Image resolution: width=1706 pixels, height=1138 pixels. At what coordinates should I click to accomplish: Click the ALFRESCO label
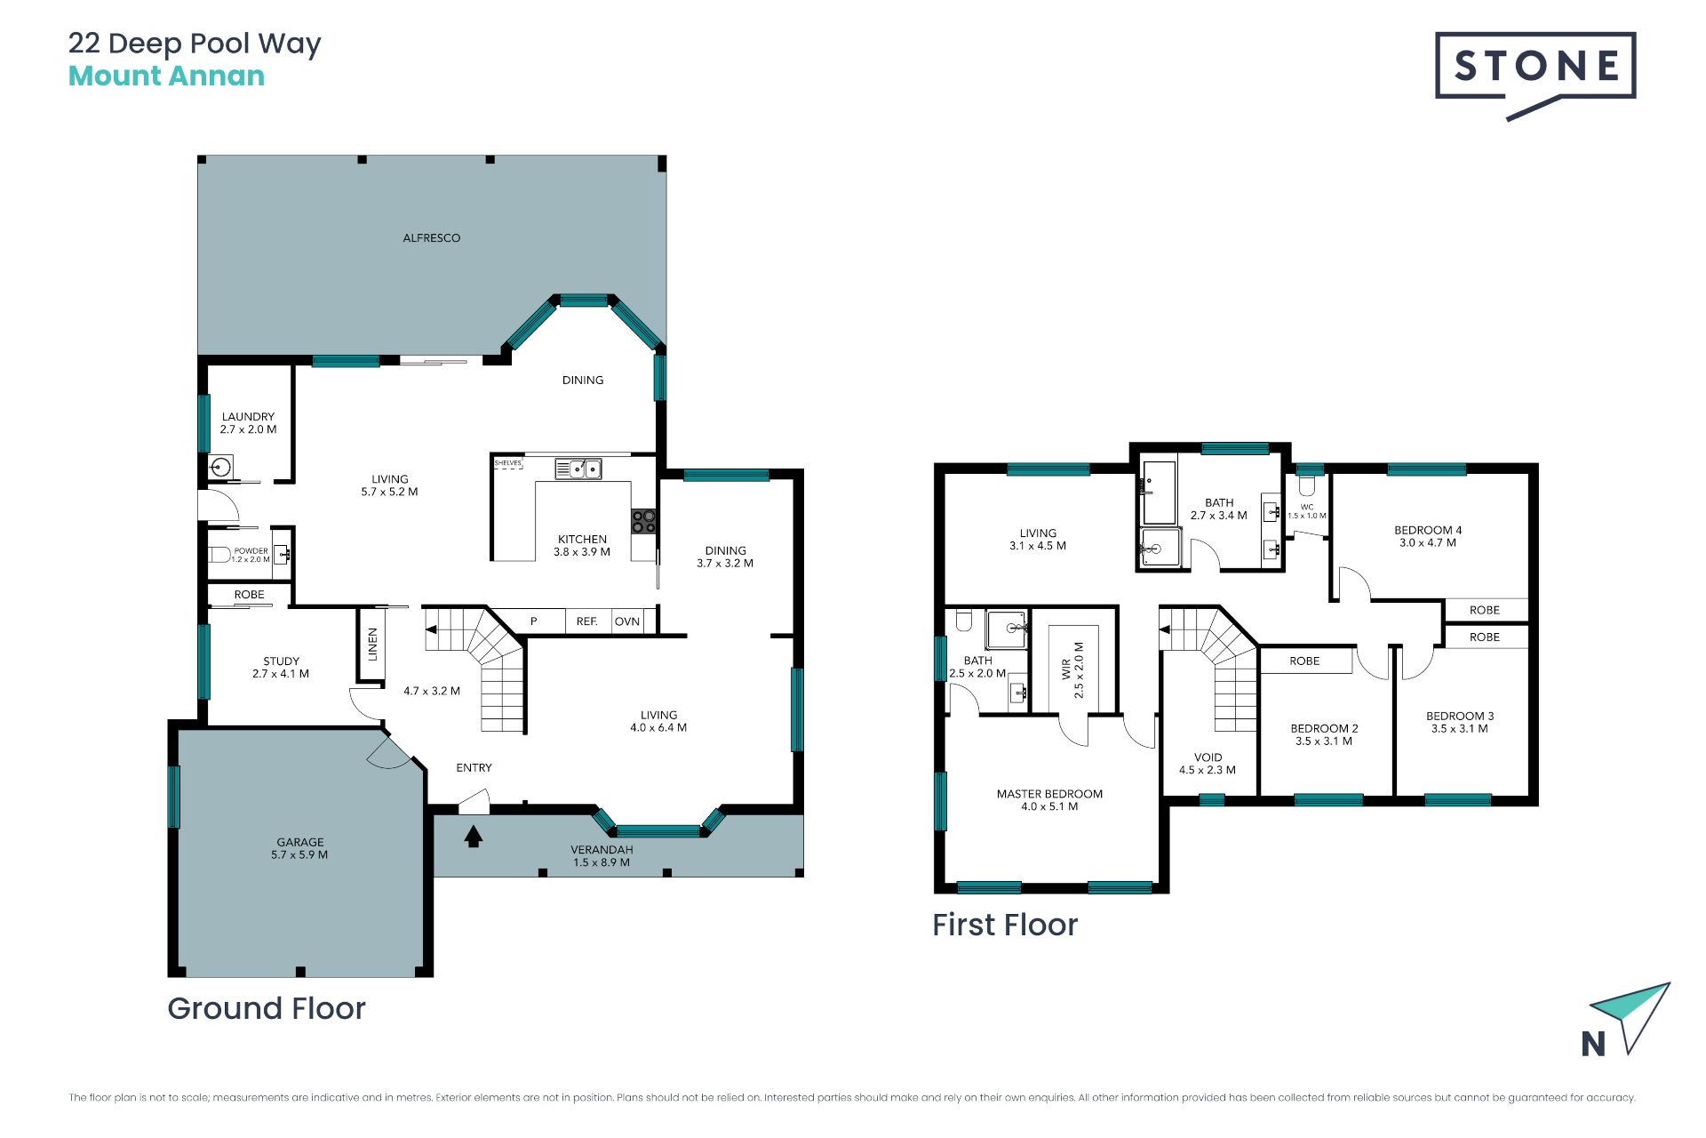click(x=432, y=238)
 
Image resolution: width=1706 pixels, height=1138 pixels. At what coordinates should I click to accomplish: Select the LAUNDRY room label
click(x=248, y=416)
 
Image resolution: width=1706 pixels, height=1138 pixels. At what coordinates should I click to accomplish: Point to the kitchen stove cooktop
click(x=643, y=521)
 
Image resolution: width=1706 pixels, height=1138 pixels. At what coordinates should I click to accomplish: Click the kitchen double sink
click(x=578, y=469)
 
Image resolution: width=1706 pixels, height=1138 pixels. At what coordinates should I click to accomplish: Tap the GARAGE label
click(x=300, y=842)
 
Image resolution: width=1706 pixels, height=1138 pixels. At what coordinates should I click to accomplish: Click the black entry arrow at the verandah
click(x=474, y=836)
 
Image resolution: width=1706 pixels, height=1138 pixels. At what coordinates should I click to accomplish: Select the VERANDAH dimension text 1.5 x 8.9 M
click(x=602, y=862)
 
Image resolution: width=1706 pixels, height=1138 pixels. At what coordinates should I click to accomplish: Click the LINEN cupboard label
click(x=373, y=645)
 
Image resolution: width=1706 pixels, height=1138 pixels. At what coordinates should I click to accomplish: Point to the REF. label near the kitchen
click(x=586, y=621)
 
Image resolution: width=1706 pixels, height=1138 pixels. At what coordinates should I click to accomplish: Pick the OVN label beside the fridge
click(x=627, y=621)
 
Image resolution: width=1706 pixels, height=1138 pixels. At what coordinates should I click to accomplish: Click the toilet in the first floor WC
click(x=1306, y=485)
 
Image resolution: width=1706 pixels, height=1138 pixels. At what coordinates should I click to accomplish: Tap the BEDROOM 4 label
click(x=1428, y=530)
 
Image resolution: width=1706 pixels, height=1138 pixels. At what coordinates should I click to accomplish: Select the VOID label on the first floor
click(x=1208, y=757)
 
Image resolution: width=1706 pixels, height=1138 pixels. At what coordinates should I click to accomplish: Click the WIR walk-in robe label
click(x=1066, y=669)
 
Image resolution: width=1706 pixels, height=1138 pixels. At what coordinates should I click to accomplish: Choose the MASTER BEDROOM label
click(x=1049, y=794)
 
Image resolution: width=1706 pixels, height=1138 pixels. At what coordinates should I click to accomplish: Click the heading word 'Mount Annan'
click(x=166, y=76)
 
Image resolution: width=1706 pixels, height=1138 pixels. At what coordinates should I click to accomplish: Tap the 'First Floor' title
click(x=1005, y=925)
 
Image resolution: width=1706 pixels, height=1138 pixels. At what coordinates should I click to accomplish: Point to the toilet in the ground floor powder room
click(x=219, y=555)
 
